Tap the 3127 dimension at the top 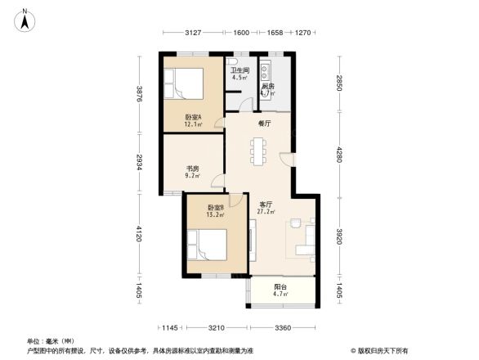(193, 34)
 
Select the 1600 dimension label (241, 34)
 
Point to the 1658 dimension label (275, 34)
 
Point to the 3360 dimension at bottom (283, 328)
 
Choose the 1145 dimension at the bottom (169, 328)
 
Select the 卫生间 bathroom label (239, 71)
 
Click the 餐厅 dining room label (264, 124)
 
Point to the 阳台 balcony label (280, 286)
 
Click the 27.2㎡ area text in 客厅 (266, 212)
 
